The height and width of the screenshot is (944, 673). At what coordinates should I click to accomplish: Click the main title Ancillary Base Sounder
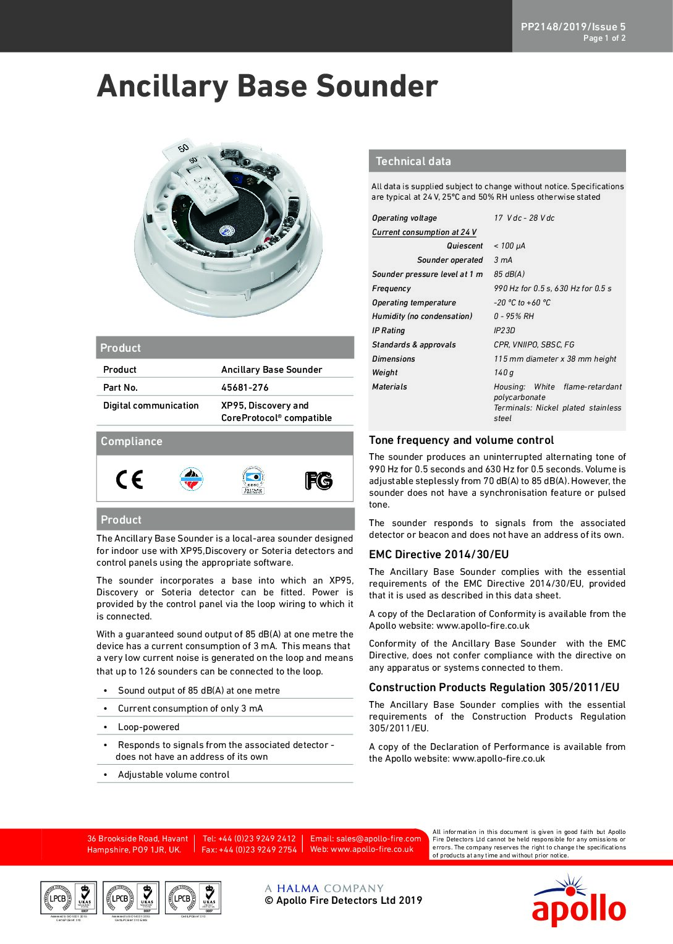[267, 86]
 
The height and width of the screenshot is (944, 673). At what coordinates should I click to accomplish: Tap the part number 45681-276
[245, 388]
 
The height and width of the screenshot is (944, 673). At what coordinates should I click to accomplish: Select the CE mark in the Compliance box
[129, 480]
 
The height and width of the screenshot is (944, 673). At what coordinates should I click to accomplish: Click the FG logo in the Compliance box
[318, 480]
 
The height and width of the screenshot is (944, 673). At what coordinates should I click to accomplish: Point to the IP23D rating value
[504, 331]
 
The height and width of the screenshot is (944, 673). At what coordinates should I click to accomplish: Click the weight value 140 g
[504, 373]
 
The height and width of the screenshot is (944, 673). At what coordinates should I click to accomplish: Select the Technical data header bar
[497, 161]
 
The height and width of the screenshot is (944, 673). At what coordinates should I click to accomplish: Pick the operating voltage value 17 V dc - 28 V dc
[524, 218]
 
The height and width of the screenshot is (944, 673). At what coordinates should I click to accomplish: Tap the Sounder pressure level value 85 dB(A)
[509, 274]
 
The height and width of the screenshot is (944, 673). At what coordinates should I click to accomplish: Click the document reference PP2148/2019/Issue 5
[573, 27]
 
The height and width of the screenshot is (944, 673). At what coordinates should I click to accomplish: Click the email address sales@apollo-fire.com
[365, 839]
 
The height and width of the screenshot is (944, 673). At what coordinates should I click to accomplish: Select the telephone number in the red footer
[249, 839]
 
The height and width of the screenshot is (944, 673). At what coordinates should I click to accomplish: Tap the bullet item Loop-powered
[148, 727]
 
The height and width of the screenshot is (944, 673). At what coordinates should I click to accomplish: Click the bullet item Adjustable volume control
[173, 775]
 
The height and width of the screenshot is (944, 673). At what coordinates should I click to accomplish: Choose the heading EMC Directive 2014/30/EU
[439, 555]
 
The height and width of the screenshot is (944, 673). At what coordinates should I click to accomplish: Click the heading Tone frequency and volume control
[461, 440]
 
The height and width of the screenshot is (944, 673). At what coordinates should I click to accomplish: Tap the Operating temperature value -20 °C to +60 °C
[522, 303]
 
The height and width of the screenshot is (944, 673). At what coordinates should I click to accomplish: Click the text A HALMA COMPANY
[324, 888]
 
